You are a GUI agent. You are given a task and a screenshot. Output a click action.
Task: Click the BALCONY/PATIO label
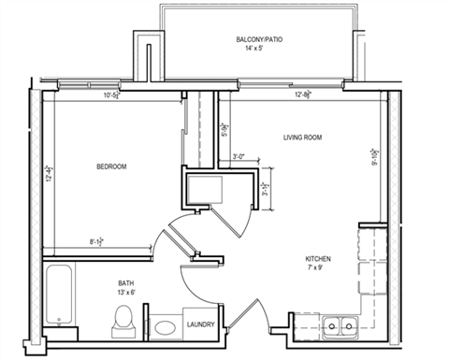tap(259, 38)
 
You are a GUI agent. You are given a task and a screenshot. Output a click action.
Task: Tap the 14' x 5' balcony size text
tap(259, 48)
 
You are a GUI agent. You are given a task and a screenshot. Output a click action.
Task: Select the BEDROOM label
tap(111, 166)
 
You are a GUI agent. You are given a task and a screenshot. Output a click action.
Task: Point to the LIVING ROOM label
tap(303, 137)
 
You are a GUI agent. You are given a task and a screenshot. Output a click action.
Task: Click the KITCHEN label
tap(318, 259)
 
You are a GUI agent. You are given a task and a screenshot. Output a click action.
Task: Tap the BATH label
tap(125, 282)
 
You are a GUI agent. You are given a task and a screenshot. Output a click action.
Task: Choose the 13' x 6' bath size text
tap(125, 293)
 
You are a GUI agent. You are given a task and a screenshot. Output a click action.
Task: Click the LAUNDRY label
tap(201, 325)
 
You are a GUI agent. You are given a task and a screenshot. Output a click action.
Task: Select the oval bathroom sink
tap(165, 328)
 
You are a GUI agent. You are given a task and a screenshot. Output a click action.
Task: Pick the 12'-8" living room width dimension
tap(303, 94)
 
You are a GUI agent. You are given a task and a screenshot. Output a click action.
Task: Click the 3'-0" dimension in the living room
tap(239, 158)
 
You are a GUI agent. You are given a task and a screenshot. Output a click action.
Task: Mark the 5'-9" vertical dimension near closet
tap(224, 130)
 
